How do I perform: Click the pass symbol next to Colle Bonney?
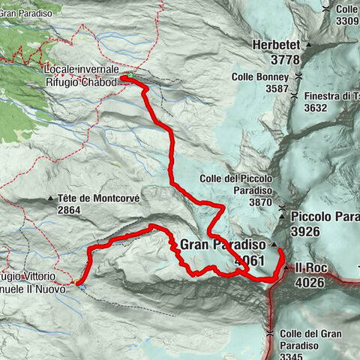(x=298, y=76)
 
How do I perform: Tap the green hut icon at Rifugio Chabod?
(x=130, y=76)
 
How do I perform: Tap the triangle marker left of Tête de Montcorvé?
(x=51, y=199)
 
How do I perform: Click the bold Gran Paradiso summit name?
(x=223, y=244)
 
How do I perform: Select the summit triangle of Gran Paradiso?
(x=274, y=244)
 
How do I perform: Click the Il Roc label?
(x=308, y=267)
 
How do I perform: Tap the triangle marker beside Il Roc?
(x=286, y=267)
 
